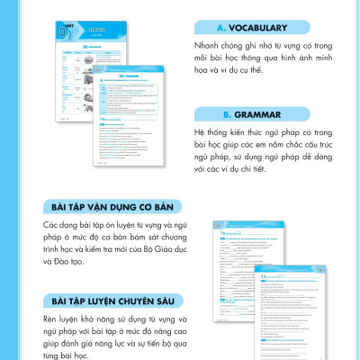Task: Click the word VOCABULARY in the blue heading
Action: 263,27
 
